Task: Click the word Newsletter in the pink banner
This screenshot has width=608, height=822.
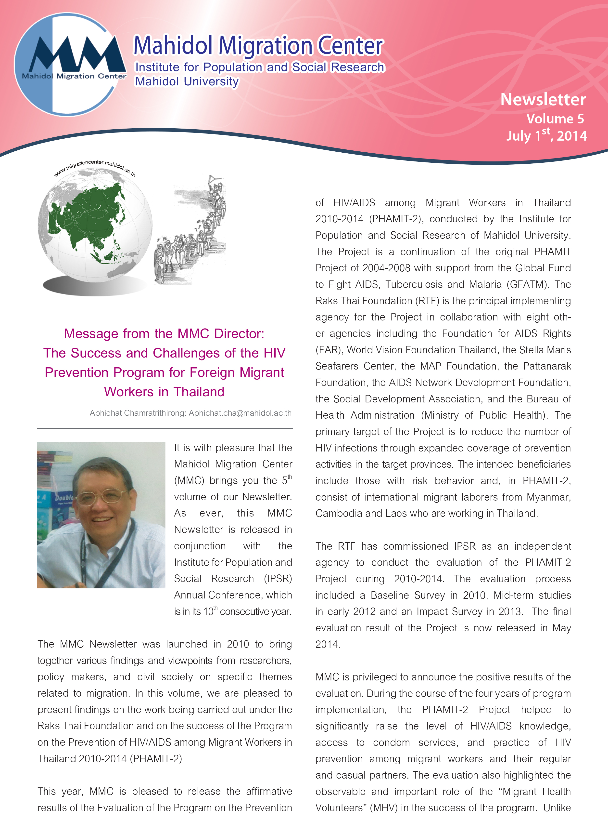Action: [x=543, y=99]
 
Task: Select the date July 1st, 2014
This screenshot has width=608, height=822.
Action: [x=546, y=135]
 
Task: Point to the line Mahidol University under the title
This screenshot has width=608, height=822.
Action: [x=187, y=81]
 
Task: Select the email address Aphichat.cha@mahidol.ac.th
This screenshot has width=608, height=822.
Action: [x=240, y=413]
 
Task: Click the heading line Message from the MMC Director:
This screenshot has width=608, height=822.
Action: [x=164, y=334]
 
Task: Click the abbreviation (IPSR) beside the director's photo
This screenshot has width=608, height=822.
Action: [x=278, y=579]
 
